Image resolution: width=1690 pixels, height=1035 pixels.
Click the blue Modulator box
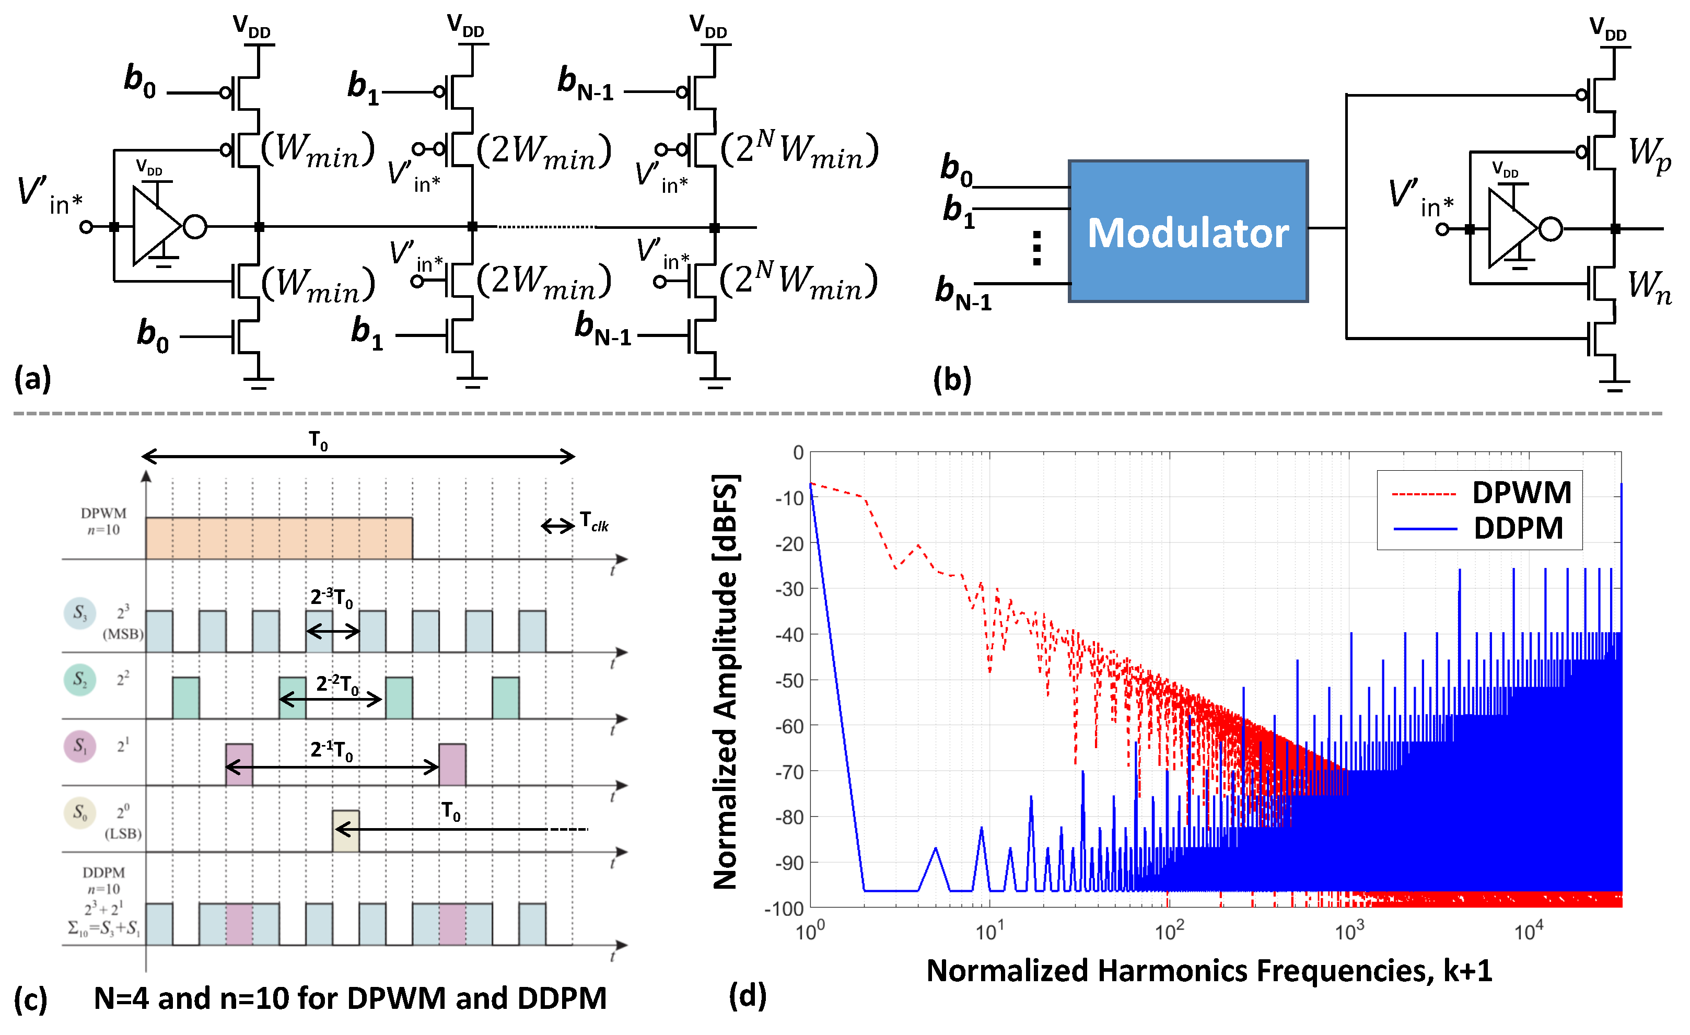(1188, 232)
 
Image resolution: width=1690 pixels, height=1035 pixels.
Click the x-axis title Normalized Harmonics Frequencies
(1208, 971)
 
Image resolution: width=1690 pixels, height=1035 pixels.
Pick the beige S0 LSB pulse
(345, 831)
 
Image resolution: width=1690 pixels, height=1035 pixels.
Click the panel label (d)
(748, 995)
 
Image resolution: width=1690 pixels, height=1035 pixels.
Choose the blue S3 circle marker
(79, 612)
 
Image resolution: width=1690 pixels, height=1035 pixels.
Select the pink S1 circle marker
(79, 746)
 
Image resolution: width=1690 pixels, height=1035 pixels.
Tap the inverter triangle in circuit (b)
(1511, 228)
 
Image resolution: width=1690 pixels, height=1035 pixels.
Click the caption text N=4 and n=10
(350, 998)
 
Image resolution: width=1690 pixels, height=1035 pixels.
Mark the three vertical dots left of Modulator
(1036, 248)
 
